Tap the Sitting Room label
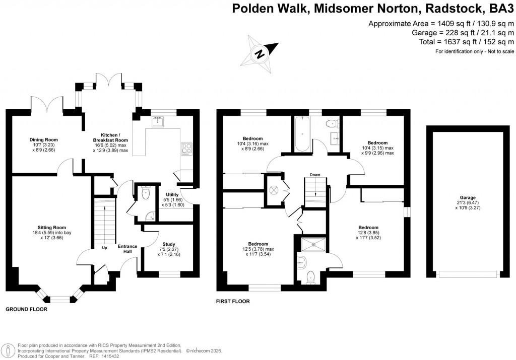coord(51,228)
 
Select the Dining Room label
coord(43,139)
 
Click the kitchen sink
coord(160,120)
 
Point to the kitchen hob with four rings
coord(185,149)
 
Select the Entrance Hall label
coord(127,249)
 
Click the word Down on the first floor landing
coord(315,175)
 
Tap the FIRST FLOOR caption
coord(233,302)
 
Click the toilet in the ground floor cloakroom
coord(146,191)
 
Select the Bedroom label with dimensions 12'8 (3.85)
coord(368,228)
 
